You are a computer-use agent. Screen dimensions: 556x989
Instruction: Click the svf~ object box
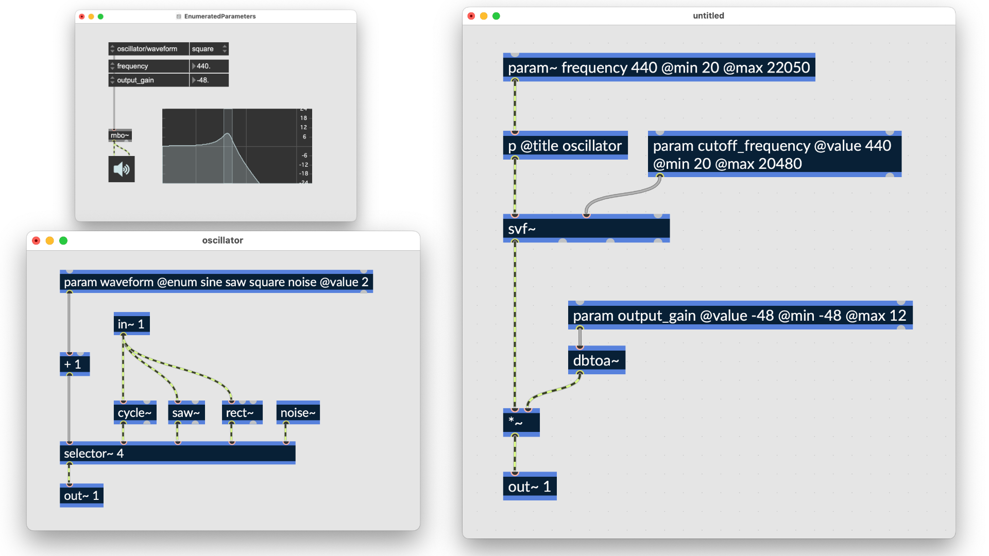(x=586, y=229)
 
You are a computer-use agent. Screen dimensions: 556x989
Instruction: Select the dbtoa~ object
(x=596, y=360)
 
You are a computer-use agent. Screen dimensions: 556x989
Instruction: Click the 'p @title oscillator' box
(x=565, y=146)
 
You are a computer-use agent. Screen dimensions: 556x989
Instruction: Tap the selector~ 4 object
(x=177, y=453)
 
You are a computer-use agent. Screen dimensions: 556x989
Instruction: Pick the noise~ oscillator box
(x=298, y=412)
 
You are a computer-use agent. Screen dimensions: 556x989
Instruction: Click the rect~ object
(x=242, y=412)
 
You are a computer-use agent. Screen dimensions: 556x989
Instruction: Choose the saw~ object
(x=186, y=412)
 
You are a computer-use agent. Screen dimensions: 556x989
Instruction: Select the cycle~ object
(x=134, y=412)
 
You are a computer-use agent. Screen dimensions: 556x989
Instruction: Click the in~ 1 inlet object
(x=131, y=324)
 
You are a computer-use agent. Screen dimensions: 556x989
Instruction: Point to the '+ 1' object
(x=74, y=364)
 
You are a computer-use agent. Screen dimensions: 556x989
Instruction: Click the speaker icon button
(x=121, y=169)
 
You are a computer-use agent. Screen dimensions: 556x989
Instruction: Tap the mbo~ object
(x=120, y=135)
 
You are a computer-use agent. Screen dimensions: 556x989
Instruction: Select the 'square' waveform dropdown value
(x=209, y=49)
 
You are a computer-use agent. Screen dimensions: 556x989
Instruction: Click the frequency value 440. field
(x=209, y=66)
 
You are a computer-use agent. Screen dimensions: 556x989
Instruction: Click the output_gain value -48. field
(x=209, y=80)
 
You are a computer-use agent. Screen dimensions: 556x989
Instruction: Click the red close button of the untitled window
(x=471, y=16)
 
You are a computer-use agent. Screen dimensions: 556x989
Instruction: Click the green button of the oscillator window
(x=63, y=240)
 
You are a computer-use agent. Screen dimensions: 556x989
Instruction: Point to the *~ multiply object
(x=521, y=423)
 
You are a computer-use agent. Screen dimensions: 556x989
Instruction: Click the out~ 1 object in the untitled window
(x=529, y=486)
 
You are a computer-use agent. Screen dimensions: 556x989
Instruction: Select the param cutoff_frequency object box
(x=774, y=154)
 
